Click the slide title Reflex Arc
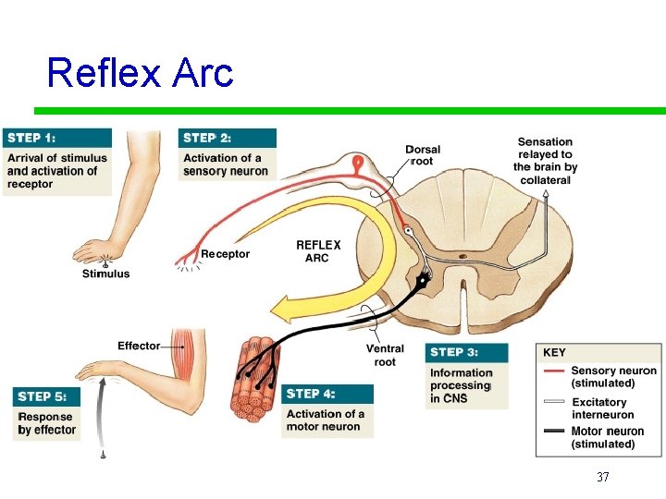(x=140, y=72)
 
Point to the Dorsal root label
(x=422, y=154)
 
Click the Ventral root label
(x=385, y=355)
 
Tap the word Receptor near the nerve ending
(x=225, y=254)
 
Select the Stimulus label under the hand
(x=105, y=274)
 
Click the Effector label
(x=139, y=346)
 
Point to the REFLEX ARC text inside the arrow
(x=318, y=251)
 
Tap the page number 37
(x=602, y=477)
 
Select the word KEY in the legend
(x=554, y=353)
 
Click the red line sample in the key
(x=554, y=371)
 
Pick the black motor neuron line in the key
(x=554, y=432)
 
